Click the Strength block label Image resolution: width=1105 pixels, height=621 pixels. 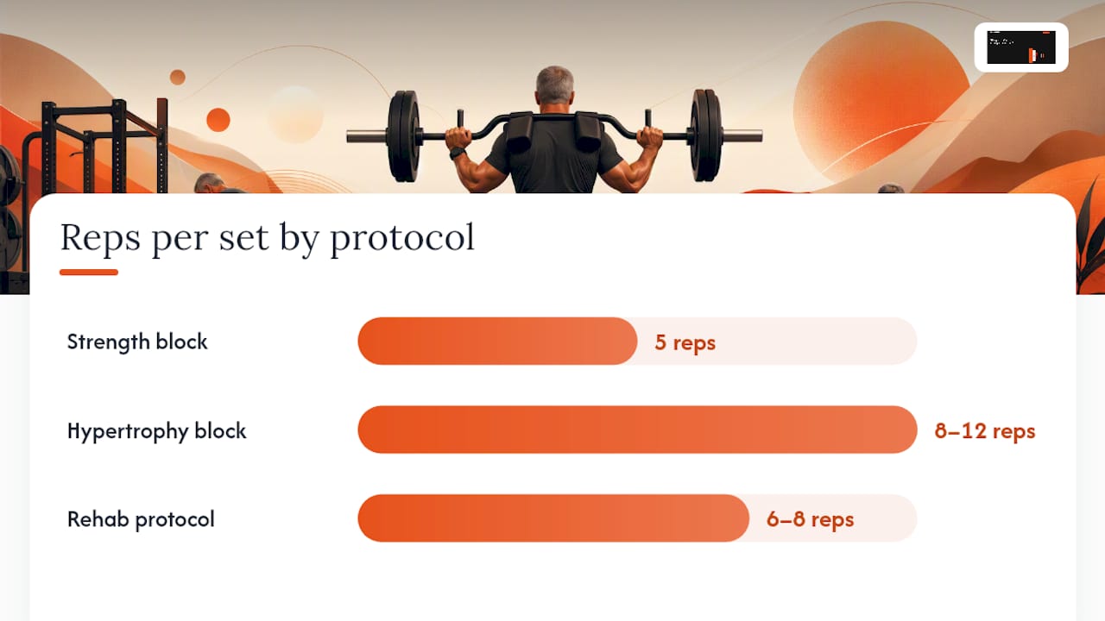[x=137, y=342]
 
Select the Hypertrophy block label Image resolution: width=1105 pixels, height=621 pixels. [x=156, y=430]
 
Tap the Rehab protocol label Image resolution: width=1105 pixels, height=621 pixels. [x=141, y=519]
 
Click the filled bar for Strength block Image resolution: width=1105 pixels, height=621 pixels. [x=497, y=341]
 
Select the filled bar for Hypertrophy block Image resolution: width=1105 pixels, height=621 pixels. [x=637, y=430]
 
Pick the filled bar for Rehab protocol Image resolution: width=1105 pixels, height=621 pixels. [x=553, y=518]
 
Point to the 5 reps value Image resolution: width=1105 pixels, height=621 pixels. [x=685, y=342]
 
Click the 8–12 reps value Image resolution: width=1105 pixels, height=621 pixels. [x=985, y=431]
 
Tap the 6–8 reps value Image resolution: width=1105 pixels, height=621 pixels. [x=810, y=519]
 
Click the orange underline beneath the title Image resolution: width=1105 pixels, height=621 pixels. [x=89, y=272]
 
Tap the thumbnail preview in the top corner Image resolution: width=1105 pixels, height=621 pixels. [x=1021, y=47]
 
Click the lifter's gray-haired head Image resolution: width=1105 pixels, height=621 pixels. [x=555, y=85]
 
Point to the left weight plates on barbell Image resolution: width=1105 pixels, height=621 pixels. [x=403, y=135]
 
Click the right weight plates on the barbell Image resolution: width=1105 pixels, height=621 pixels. [x=706, y=135]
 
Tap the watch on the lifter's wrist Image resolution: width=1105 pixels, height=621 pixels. [x=458, y=153]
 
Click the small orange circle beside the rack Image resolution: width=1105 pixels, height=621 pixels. [x=218, y=120]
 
